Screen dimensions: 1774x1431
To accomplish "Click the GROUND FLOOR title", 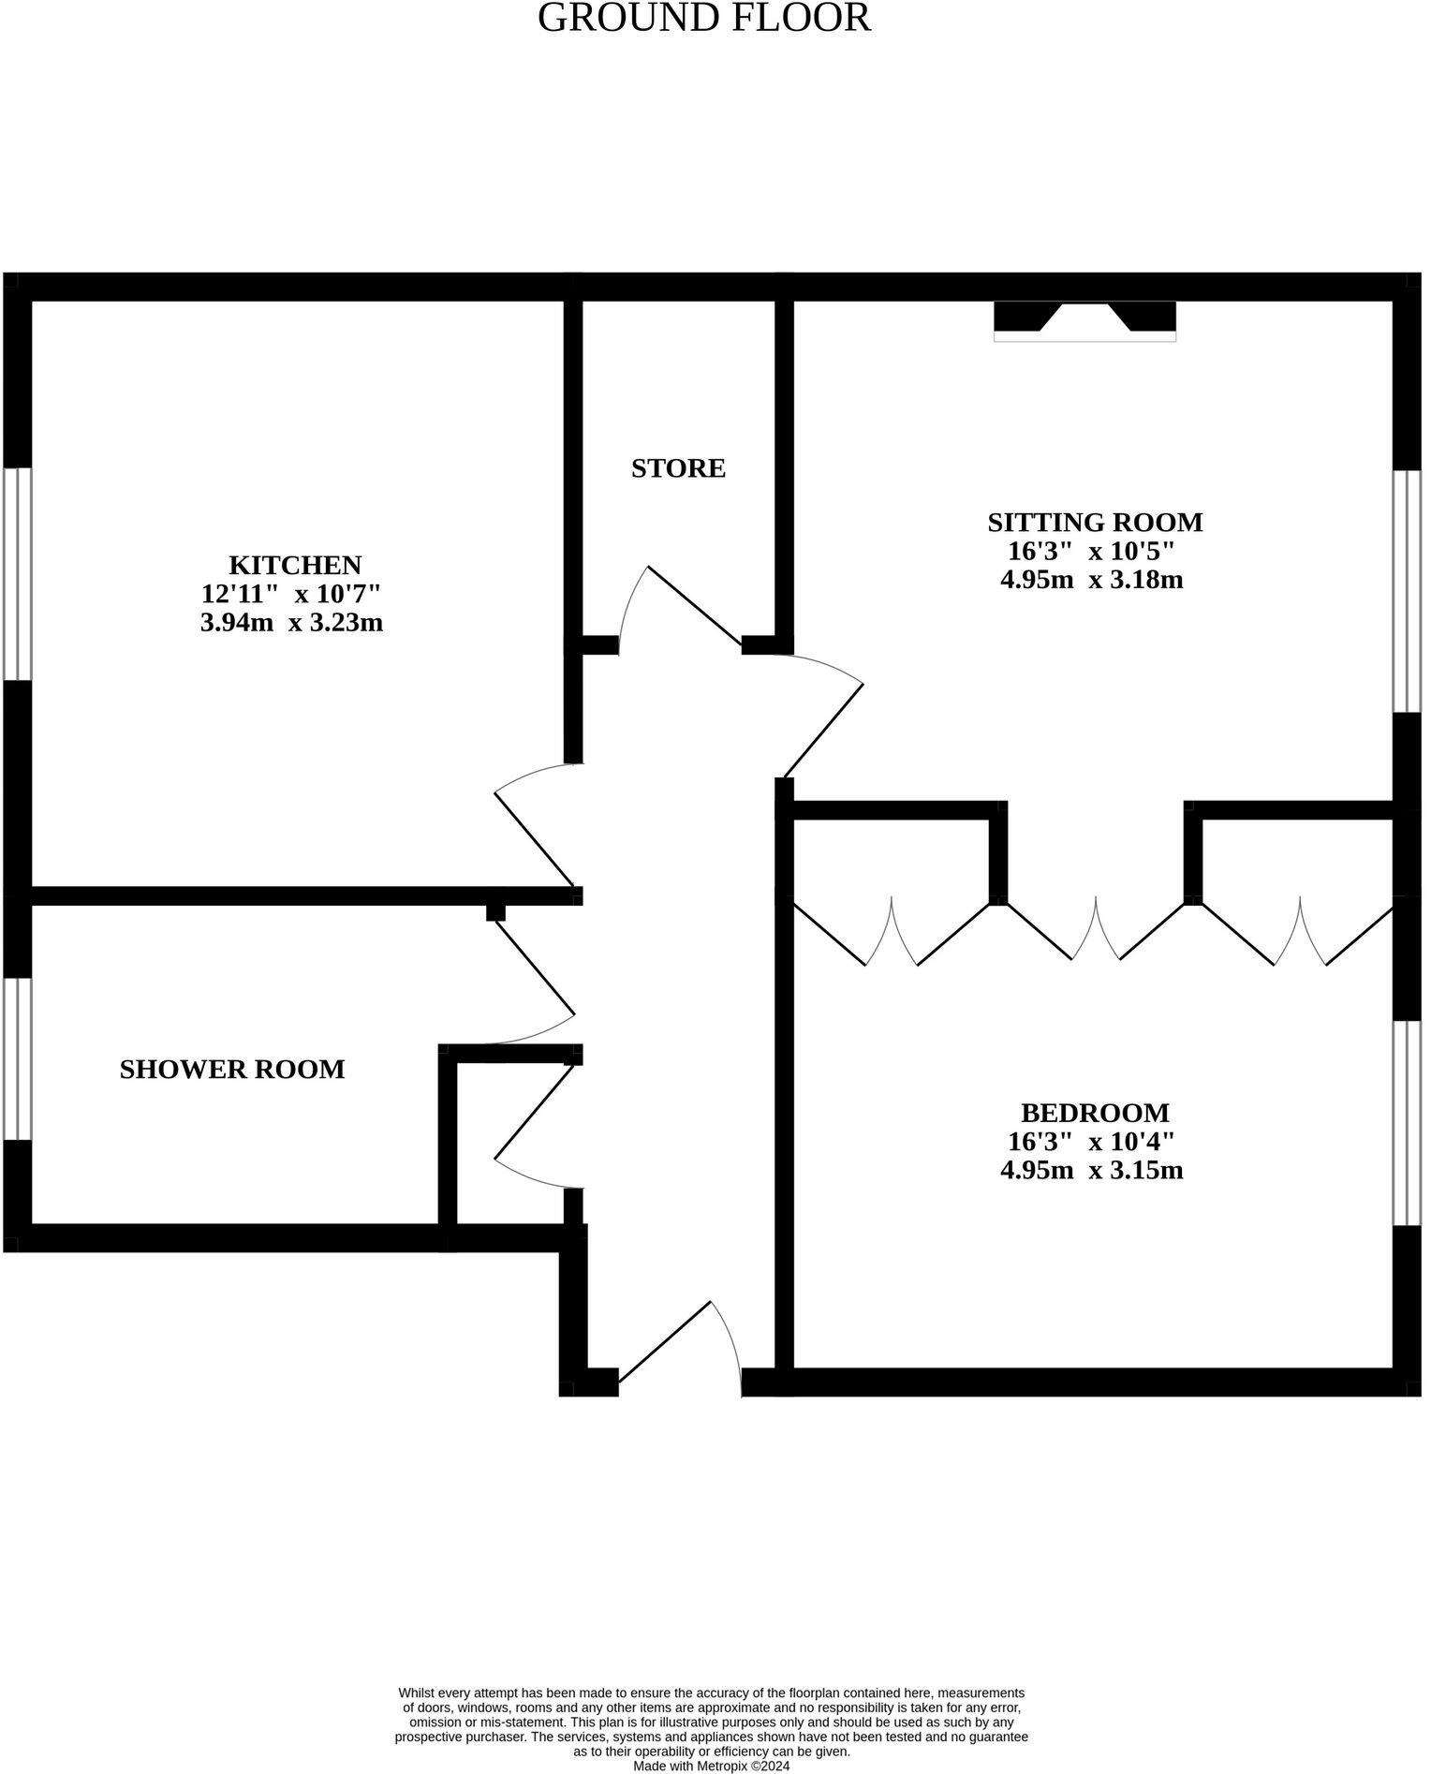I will [703, 18].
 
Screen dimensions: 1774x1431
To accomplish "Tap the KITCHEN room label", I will [294, 565].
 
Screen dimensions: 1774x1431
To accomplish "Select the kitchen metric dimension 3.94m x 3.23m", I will [291, 622].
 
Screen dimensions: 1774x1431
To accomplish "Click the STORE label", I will [678, 467].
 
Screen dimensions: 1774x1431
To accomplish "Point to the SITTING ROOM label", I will [1094, 522].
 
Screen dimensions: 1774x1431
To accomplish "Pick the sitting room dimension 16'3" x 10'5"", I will [1090, 551].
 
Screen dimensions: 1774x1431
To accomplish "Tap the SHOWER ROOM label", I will [232, 1069].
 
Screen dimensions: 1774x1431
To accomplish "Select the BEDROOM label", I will [1094, 1113].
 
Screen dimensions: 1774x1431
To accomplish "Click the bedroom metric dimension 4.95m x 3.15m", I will [1091, 1170].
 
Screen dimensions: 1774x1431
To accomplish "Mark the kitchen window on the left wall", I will [17, 573].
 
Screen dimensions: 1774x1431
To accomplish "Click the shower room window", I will [17, 1058].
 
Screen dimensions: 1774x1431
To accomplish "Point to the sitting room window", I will [1407, 591].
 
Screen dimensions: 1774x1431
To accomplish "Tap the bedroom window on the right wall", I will [1407, 1123].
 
